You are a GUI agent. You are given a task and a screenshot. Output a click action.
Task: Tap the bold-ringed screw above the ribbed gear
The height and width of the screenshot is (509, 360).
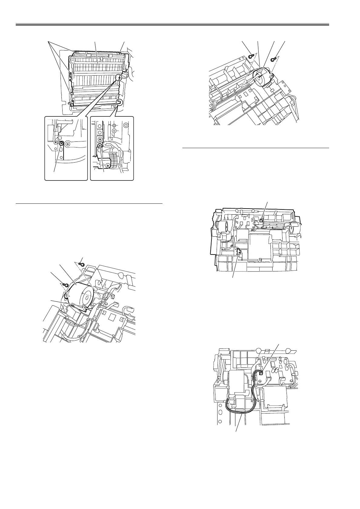click(x=100, y=145)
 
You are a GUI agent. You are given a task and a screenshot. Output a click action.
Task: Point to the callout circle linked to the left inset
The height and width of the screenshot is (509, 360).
click(x=120, y=78)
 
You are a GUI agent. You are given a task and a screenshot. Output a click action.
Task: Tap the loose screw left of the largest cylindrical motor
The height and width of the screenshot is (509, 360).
click(x=64, y=284)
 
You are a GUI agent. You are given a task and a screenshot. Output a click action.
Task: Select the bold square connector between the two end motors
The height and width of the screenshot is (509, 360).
click(x=261, y=221)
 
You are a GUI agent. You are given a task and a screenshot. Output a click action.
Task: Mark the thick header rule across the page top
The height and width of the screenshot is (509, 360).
click(x=172, y=24)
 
